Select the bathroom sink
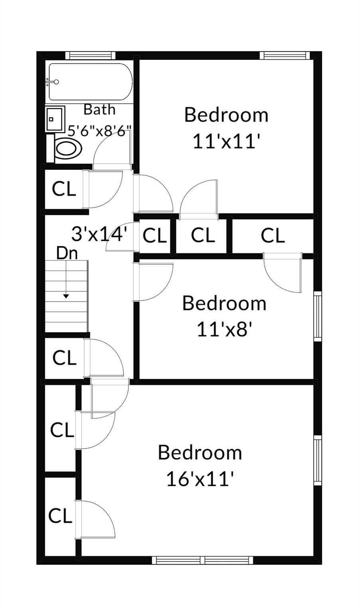pos(55,119)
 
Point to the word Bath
pos(99,110)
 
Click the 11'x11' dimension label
pos(226,141)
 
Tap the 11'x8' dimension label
pos(224,329)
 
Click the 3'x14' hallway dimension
pos(99,234)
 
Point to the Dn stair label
pos(67,253)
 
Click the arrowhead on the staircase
pos(66,296)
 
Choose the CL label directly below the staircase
pos(64,358)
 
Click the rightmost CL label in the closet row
pos(273,235)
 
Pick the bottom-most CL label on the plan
pos(60,516)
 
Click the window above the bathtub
pos(90,55)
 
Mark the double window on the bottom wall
pos(202,560)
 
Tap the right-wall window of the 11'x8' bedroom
pos(318,316)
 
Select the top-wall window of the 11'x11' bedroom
pos(285,55)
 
